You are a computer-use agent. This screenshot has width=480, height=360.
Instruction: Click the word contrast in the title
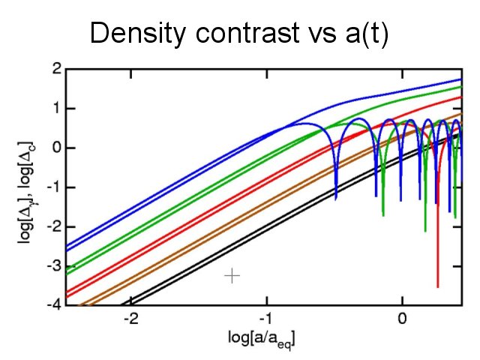pos(235,34)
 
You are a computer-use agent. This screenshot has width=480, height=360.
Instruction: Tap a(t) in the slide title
pos(363,34)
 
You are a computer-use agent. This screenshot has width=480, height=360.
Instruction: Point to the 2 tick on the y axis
pos(55,69)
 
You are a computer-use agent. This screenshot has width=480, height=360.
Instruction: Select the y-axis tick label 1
pos(55,109)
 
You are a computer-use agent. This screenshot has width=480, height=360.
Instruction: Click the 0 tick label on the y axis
pos(55,148)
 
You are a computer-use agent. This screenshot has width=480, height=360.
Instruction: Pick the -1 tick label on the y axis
pos(53,187)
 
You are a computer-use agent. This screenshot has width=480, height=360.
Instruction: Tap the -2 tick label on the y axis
pos(53,226)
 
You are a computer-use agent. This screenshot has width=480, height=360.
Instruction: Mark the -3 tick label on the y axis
pos(53,266)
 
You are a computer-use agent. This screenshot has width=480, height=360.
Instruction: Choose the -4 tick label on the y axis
pos(53,305)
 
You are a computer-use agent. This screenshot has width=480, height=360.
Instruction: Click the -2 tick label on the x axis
pos(130,318)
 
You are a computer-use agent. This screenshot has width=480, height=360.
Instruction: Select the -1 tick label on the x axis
pos(266,318)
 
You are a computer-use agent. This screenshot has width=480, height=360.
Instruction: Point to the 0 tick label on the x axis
pos(402,318)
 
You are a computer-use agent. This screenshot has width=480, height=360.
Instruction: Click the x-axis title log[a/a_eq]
pos(262,339)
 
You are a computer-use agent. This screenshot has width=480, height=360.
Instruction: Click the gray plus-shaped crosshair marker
pos(232,276)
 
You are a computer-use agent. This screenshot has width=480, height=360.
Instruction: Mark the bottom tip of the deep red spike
pos(438,286)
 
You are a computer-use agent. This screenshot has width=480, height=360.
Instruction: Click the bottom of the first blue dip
pos(335,198)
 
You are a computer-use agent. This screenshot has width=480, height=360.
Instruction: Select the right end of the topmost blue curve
pos(459,79)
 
